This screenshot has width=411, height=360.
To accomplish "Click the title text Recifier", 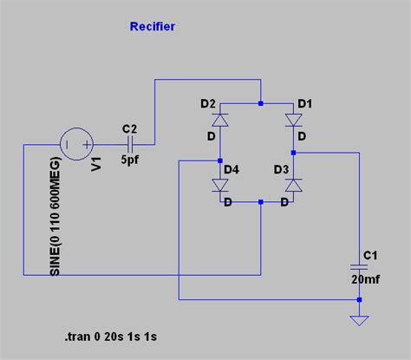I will (x=152, y=27).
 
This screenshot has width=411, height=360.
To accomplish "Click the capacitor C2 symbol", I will (x=131, y=142).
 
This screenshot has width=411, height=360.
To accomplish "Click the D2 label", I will (x=207, y=104).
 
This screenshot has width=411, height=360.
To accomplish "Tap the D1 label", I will (x=305, y=104).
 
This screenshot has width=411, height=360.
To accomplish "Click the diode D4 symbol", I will (x=221, y=184).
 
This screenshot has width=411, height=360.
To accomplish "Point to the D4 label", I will (x=232, y=168).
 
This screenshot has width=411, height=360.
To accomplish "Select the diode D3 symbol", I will (x=293, y=184).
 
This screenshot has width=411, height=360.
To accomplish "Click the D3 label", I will (x=282, y=168).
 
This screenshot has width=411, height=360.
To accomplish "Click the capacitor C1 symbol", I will (x=358, y=264).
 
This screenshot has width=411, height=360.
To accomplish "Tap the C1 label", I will (x=370, y=254).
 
